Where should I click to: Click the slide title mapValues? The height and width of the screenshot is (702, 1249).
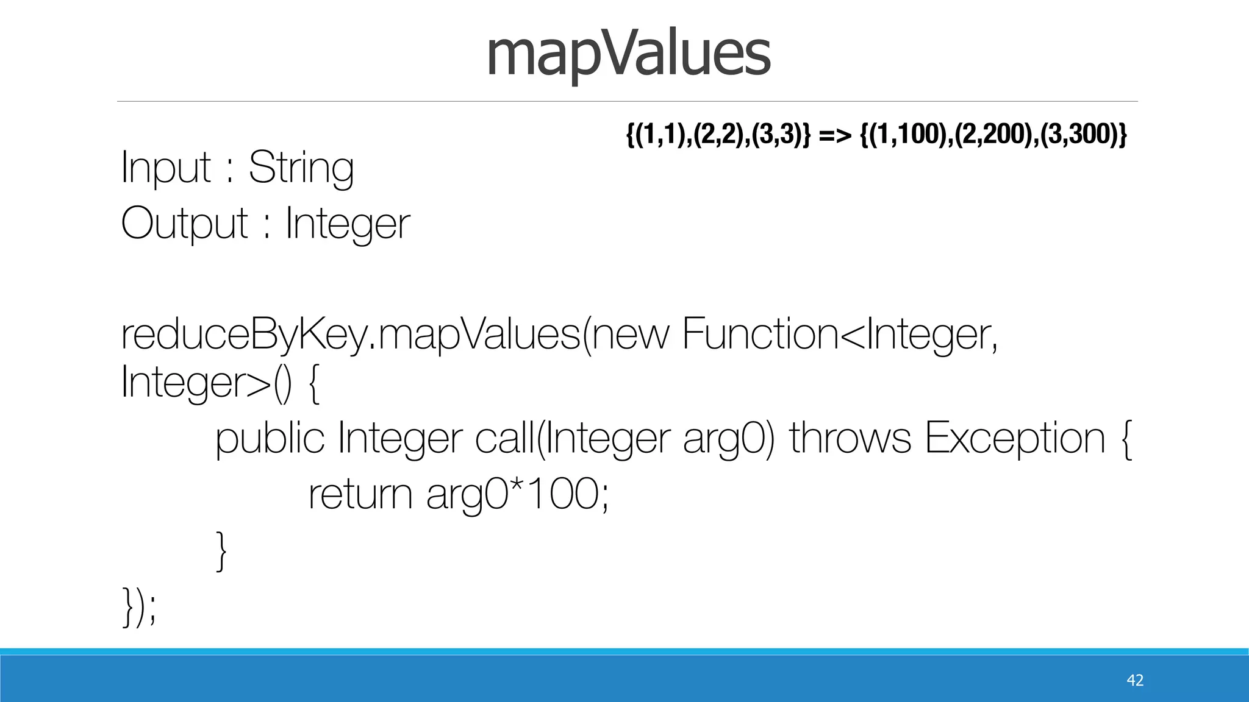628,55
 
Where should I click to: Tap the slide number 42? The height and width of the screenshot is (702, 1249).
1135,680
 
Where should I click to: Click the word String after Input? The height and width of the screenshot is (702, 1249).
301,168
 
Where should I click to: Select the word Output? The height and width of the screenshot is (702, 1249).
185,224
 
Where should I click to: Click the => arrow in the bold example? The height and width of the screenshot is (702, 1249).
835,135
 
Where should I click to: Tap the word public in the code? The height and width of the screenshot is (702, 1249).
270,439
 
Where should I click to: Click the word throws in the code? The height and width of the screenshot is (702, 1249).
850,439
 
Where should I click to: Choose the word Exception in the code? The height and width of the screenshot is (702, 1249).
1015,439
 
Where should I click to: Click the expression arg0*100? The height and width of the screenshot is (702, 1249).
517,494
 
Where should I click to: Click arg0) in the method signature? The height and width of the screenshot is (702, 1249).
729,439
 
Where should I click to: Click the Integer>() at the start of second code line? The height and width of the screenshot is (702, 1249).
207,383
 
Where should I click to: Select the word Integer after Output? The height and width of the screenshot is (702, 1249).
348,224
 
